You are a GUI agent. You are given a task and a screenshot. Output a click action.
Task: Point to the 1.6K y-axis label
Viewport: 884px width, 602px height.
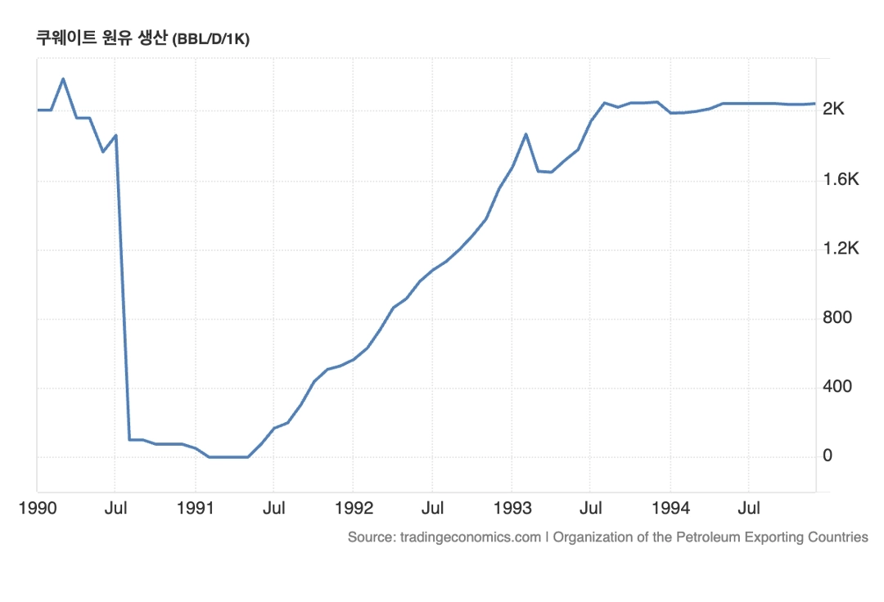(x=841, y=180)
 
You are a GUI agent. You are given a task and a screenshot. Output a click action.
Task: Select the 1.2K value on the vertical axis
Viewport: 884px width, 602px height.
(x=841, y=249)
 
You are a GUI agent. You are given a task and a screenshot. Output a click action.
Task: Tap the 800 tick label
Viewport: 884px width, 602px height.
(x=837, y=318)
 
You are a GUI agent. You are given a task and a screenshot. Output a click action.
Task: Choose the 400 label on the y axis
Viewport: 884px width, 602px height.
(x=837, y=387)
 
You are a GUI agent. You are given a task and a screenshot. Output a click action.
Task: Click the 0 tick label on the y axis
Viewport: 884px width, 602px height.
(x=828, y=456)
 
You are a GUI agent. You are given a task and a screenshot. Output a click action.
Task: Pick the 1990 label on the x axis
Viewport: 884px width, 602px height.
(x=38, y=509)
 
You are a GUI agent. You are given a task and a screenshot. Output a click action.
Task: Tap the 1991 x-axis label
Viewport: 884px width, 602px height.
(x=196, y=509)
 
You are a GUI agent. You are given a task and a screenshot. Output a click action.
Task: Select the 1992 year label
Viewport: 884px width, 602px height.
(x=354, y=509)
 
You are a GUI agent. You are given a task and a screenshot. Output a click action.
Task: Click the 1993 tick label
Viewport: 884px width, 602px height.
(x=512, y=509)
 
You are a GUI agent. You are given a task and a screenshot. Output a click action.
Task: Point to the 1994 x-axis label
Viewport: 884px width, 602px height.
(x=670, y=509)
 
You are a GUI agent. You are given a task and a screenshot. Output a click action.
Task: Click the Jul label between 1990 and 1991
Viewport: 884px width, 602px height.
(x=115, y=509)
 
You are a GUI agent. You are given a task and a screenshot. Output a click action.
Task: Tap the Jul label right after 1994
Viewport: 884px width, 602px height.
(x=749, y=509)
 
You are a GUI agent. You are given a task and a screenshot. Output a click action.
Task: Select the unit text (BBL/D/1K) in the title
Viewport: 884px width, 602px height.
(x=210, y=39)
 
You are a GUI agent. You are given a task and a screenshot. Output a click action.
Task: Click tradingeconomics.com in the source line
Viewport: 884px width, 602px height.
(x=470, y=537)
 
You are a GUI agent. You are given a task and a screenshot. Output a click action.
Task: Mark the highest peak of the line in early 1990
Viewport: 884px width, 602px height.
(x=63, y=79)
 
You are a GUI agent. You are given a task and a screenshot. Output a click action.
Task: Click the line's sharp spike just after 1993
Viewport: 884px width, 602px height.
(x=525, y=133)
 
